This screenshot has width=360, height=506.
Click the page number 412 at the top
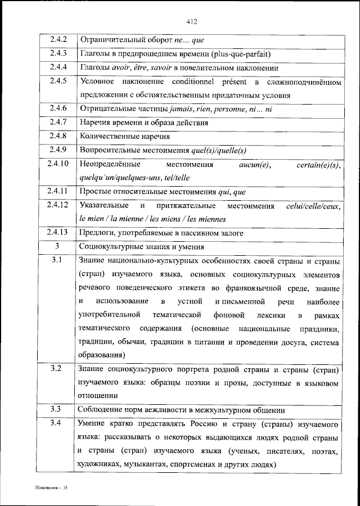coord(191,22)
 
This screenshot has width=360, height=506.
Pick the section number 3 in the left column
coord(57,247)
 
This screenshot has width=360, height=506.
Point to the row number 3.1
coord(57,261)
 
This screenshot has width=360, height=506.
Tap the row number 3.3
coord(57,409)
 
